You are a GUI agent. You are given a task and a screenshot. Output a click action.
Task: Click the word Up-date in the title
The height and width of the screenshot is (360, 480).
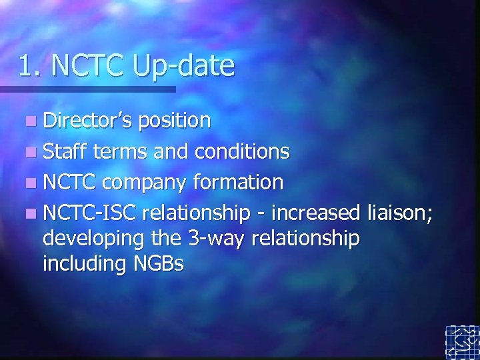pos(184,66)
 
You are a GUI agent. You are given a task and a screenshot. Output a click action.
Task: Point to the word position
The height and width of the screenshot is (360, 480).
pos(175,121)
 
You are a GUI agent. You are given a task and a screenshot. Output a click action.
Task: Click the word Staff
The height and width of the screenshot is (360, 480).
pos(65,151)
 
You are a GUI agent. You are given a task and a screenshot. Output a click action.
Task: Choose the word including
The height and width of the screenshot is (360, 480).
pos(84,264)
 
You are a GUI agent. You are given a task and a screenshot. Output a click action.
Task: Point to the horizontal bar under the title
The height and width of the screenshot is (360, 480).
pos(87,89)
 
